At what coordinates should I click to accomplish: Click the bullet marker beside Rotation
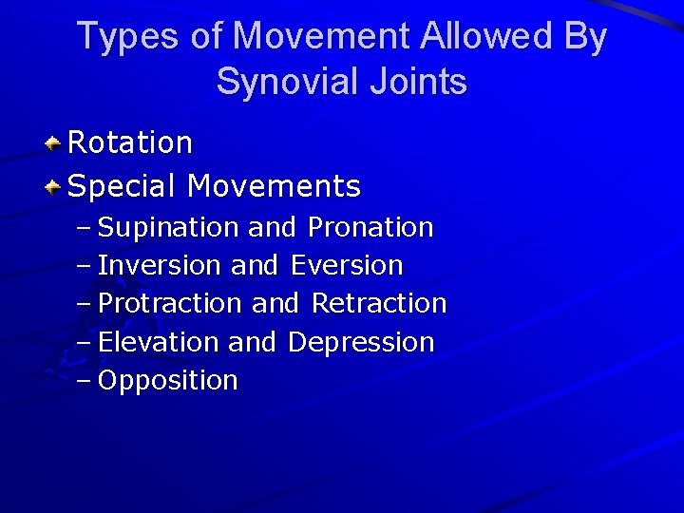coord(55,144)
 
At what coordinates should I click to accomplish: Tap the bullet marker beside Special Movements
coord(55,186)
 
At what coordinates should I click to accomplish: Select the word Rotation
coord(131,143)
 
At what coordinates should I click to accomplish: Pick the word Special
coord(123,186)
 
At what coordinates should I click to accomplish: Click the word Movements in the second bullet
coord(274,186)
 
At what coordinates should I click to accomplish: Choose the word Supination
coord(169,228)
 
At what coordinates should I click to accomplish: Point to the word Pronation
coord(370,228)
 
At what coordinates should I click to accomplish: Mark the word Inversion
coord(161,266)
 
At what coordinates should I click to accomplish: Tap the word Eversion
coord(348,266)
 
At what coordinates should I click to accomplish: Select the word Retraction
coord(379,304)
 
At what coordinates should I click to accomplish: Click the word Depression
coord(361,342)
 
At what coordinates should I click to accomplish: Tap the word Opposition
coord(168,381)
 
